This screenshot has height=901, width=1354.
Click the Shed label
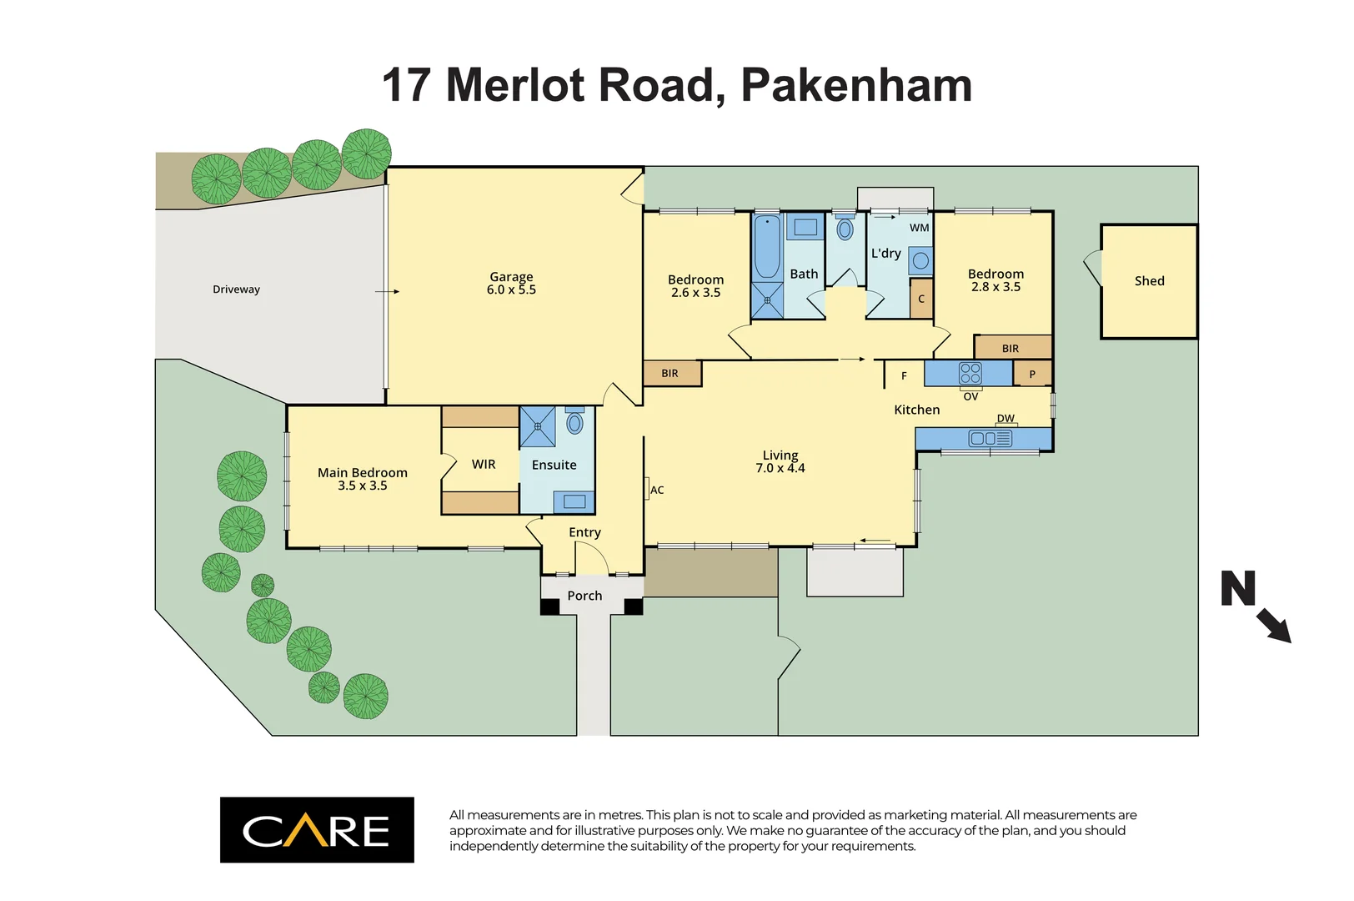1148,281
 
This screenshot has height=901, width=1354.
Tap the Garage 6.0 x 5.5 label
511,284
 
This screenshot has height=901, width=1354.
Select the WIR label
484,465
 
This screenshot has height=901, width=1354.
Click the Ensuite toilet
574,422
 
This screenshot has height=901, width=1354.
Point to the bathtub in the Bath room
766,247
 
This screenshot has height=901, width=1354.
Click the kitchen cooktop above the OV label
970,373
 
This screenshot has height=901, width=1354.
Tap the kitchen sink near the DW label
990,438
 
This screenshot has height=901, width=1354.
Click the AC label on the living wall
657,491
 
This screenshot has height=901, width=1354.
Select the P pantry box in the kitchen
1032,375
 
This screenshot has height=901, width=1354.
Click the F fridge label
904,376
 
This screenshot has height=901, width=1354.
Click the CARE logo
317,830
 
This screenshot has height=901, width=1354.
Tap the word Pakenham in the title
856,85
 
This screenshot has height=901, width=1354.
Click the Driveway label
236,289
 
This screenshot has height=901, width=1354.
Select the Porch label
584,596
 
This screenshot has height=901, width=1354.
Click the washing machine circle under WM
920,261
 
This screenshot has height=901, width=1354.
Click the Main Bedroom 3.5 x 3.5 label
362,479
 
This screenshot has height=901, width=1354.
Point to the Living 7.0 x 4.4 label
780,461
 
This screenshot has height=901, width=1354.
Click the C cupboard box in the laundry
921,299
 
